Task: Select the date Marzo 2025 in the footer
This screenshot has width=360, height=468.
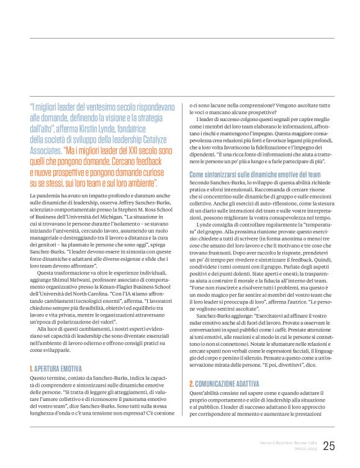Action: tap(302, 450)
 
